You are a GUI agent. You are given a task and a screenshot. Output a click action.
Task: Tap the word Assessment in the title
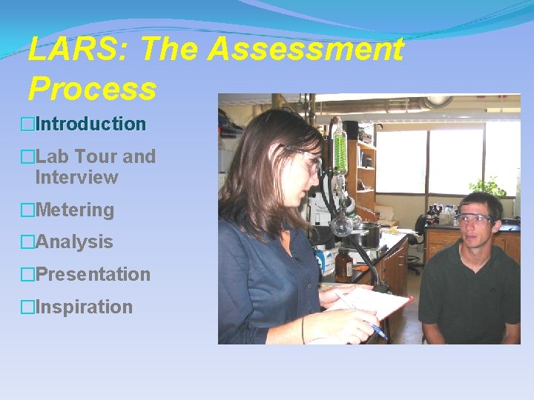306,50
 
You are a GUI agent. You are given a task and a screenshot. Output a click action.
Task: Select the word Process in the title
93,89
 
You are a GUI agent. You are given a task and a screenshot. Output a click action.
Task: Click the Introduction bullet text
90,124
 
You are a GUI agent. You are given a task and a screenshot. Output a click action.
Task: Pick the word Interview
76,177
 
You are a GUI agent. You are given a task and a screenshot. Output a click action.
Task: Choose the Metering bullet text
74,210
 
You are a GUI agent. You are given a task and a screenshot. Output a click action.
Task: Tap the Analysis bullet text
73,241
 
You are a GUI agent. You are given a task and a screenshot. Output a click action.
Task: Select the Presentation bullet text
92,274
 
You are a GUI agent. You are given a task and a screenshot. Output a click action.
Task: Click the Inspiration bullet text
83,307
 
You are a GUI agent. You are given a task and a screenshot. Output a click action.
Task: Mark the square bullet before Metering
27,210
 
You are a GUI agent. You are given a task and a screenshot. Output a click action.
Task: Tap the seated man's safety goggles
474,219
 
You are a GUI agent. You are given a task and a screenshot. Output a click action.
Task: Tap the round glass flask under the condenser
341,224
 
